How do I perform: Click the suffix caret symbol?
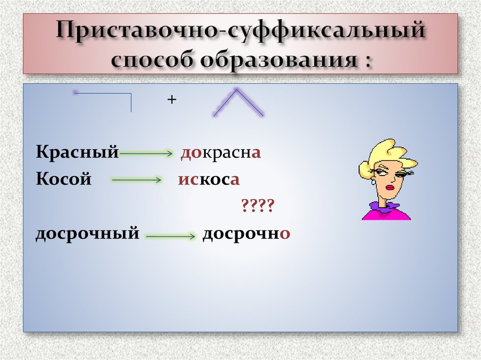pos(239,102)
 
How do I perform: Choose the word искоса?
pos(209,180)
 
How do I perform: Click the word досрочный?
pos(87,233)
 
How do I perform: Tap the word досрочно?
pos(245,233)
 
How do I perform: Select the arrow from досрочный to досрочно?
pos(170,237)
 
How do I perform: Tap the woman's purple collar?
pos(384,207)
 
